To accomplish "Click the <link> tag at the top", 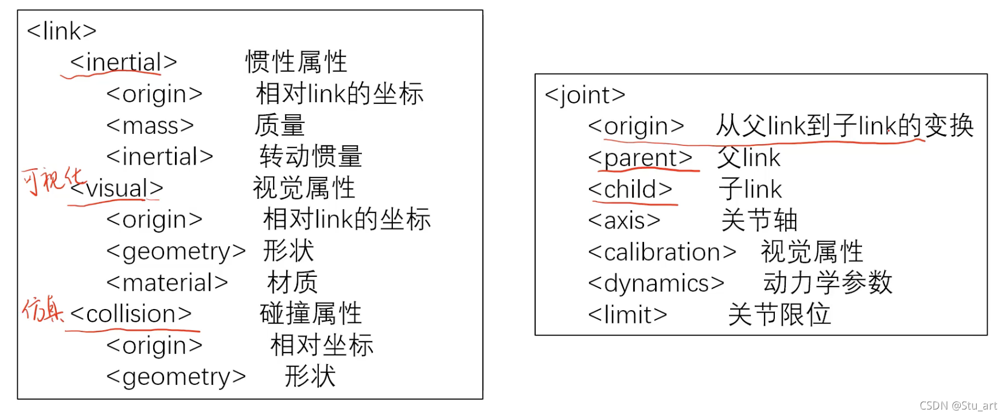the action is [x=61, y=31].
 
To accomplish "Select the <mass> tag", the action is [x=150, y=126].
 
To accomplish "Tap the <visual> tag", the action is [x=117, y=188].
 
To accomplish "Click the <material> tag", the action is [x=167, y=283].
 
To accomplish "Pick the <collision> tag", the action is [x=131, y=314].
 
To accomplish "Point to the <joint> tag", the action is [x=584, y=95].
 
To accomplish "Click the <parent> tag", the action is [x=640, y=157].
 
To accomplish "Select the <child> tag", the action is [x=630, y=190].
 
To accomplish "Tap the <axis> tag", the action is [x=624, y=221].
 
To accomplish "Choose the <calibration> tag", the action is [x=662, y=252].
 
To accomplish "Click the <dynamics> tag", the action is [x=656, y=284].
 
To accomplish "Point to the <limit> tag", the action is [x=627, y=315].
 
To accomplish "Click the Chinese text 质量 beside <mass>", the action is [x=280, y=126].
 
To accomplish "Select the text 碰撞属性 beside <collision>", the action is [x=311, y=314].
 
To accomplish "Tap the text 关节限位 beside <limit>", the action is [x=779, y=315].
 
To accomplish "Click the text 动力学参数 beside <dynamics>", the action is [x=828, y=283].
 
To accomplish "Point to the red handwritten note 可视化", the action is [x=52, y=180].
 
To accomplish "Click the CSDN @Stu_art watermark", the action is [x=958, y=406].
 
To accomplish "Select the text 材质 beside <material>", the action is [x=293, y=283].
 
